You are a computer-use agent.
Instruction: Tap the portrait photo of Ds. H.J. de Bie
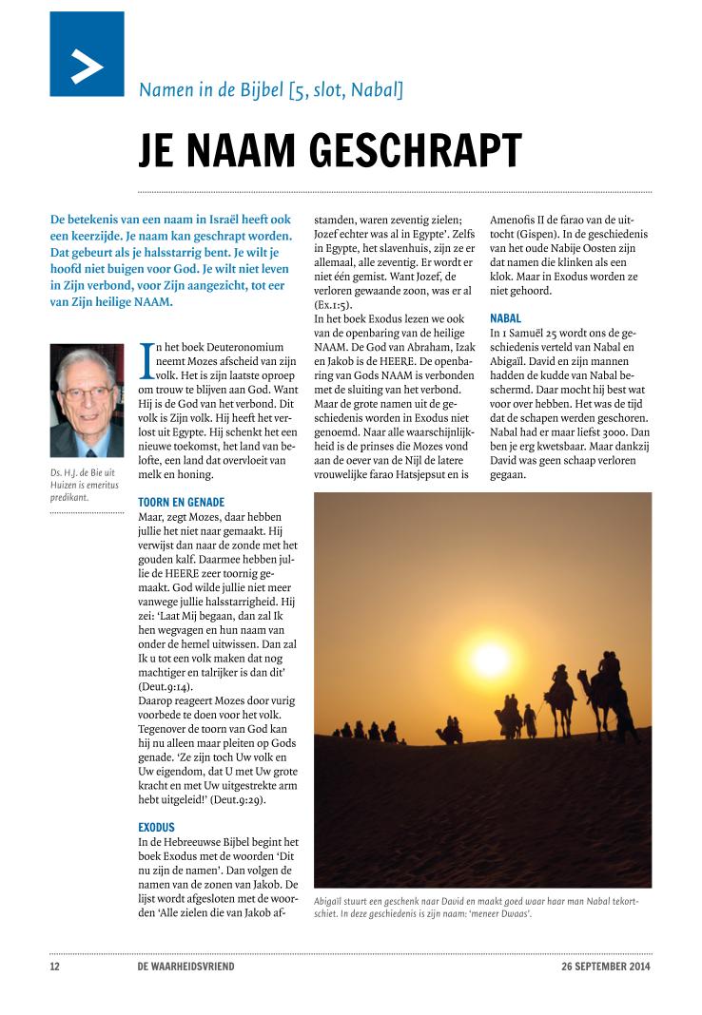point(87,399)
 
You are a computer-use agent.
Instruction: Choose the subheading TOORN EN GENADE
point(182,501)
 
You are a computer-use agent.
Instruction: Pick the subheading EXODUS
point(158,827)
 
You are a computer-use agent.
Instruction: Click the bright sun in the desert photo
point(493,660)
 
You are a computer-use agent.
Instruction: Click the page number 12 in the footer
point(55,967)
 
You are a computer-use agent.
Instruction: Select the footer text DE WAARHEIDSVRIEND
point(185,967)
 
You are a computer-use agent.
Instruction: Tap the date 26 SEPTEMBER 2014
point(607,967)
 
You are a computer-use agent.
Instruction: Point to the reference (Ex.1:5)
point(333,304)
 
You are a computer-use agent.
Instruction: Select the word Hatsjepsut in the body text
point(435,472)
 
